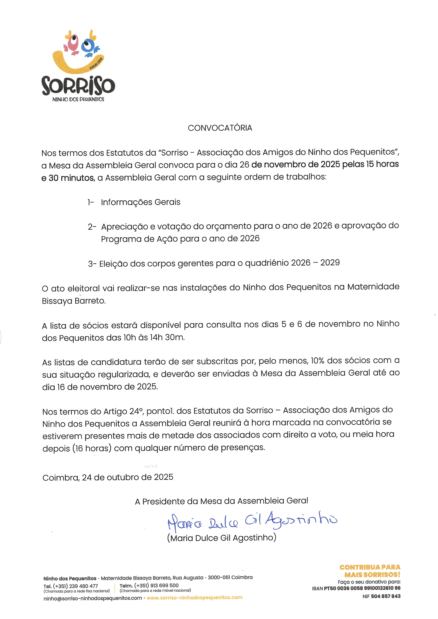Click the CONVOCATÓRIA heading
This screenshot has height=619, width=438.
tap(220, 128)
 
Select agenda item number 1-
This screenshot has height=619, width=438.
tap(91, 202)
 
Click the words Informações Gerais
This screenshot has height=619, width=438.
tap(140, 202)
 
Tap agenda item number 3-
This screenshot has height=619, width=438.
tap(92, 263)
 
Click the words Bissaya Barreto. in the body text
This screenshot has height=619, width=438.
tap(74, 301)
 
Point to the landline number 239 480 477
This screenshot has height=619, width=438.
tap(84, 586)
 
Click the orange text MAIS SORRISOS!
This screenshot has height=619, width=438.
tap(372, 574)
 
